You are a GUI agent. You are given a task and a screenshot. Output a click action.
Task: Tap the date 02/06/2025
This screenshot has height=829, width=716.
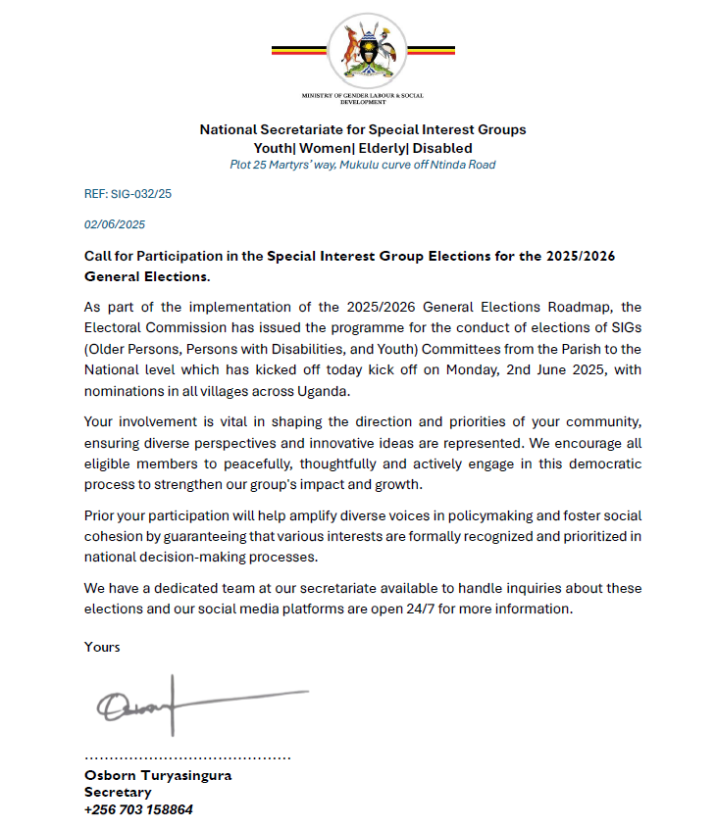[x=115, y=224]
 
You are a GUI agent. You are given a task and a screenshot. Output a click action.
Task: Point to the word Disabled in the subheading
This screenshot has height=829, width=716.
[x=441, y=148]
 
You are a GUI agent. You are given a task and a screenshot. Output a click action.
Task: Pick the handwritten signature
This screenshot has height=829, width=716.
[x=196, y=704]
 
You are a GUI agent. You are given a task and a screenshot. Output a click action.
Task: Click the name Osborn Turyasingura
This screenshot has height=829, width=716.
[x=158, y=775]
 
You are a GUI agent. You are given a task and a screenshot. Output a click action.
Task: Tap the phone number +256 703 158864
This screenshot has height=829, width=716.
[x=138, y=810]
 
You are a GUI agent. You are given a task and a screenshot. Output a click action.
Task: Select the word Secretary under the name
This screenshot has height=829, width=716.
[x=118, y=792]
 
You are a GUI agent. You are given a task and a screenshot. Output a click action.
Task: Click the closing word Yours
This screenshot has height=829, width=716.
[x=102, y=647]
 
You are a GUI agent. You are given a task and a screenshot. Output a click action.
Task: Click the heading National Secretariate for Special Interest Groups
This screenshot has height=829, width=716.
[x=362, y=129]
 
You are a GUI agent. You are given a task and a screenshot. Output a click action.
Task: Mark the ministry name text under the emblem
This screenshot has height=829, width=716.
[x=362, y=98]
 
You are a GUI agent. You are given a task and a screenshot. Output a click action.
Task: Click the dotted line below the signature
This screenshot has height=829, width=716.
[x=187, y=757]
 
